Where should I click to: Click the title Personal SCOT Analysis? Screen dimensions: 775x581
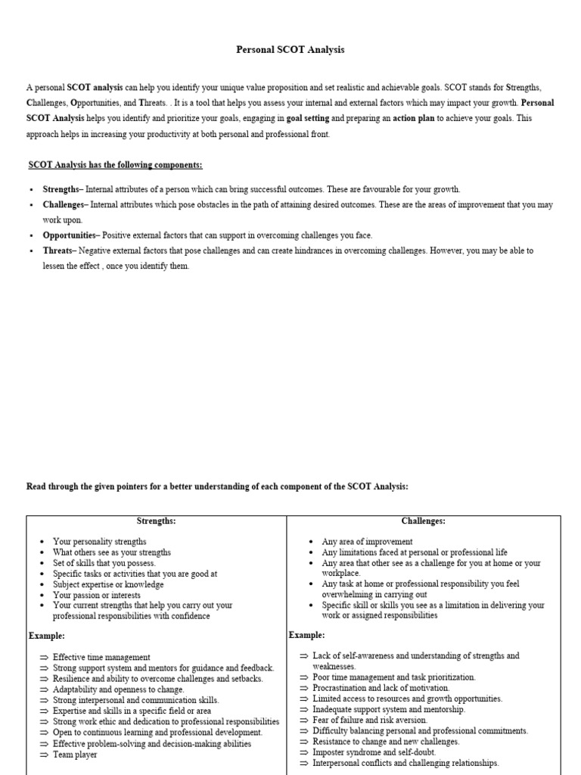click(x=290, y=50)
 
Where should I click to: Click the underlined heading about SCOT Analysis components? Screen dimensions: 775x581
click(x=115, y=165)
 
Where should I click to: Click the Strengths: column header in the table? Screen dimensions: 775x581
click(x=156, y=521)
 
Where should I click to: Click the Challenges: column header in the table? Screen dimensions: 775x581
click(x=423, y=521)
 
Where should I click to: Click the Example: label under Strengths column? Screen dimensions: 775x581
click(x=46, y=635)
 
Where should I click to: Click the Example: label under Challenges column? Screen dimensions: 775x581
click(x=306, y=634)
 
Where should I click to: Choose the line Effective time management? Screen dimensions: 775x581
click(x=101, y=658)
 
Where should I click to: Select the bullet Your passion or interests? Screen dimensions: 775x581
click(x=97, y=595)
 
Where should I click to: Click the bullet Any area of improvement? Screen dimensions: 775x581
click(x=367, y=542)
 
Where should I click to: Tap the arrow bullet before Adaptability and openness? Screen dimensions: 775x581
click(x=44, y=689)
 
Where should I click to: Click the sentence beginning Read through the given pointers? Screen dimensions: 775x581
click(x=217, y=487)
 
